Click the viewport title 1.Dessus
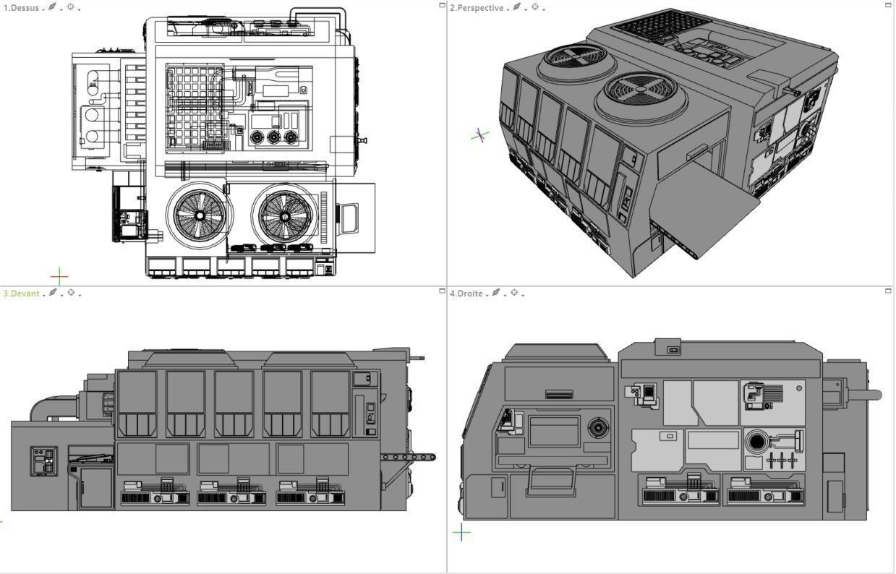(x=21, y=8)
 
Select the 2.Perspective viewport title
(x=476, y=8)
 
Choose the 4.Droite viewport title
(x=466, y=294)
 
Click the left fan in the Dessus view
(x=199, y=215)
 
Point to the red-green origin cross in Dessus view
(x=59, y=275)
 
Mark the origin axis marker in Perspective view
(x=479, y=135)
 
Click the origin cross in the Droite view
(x=461, y=533)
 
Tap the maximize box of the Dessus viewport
(x=442, y=5)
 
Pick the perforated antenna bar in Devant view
(x=409, y=457)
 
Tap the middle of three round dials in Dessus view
(x=273, y=137)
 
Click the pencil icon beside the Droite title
(x=496, y=294)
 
